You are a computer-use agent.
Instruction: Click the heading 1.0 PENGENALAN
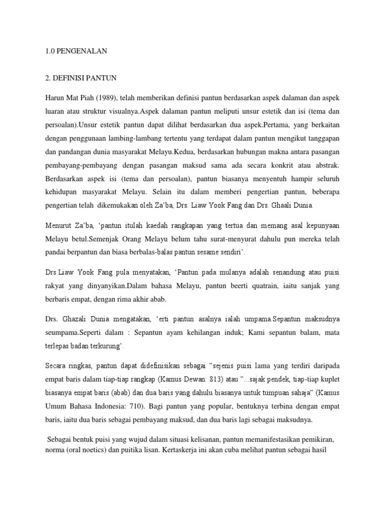click(x=73, y=51)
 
